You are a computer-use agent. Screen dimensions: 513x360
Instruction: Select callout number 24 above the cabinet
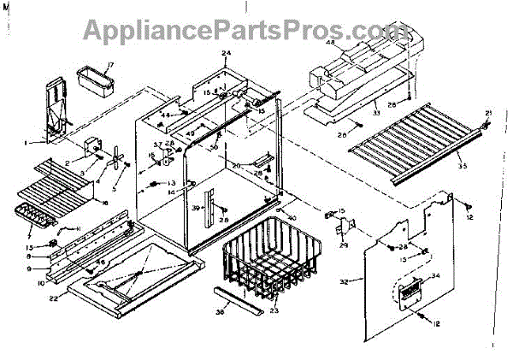coord(226,54)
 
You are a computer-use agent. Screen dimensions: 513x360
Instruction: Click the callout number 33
coord(351,112)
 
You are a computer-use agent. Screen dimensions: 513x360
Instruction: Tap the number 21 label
coord(488,113)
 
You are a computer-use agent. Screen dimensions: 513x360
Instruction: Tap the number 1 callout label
coord(27,141)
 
